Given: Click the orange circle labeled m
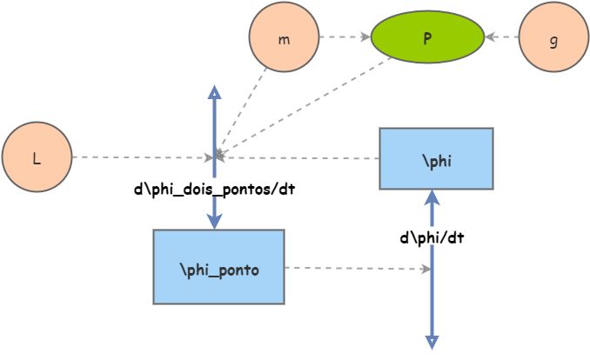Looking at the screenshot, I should point(284,38).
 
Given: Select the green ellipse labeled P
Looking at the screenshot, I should point(427,38).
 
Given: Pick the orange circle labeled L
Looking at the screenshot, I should point(36,157).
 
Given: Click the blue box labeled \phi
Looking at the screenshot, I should point(436,158).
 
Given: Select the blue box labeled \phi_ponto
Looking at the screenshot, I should point(218,267).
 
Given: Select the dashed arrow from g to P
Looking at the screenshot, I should point(503,37).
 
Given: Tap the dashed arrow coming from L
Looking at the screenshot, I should point(139,157).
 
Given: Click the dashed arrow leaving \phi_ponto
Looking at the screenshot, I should point(357,269).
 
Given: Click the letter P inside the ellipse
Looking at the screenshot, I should point(427,38).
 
